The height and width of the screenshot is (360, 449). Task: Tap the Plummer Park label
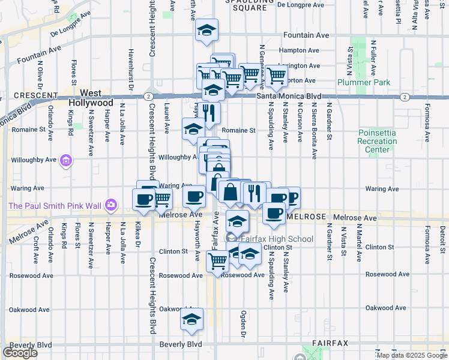pos(364,82)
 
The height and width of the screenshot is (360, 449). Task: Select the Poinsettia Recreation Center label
pos(378,141)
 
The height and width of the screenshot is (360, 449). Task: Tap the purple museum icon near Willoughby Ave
pos(66,161)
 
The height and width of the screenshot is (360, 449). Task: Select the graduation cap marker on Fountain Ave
pos(207,30)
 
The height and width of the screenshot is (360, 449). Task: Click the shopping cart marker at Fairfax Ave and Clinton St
pos(217,260)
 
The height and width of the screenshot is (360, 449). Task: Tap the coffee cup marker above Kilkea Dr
pos(144,199)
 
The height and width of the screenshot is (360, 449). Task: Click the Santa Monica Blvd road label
pos(289,97)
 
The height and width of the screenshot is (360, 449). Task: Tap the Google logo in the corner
pos(20,353)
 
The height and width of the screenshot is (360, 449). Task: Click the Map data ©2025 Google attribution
pos(411,355)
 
